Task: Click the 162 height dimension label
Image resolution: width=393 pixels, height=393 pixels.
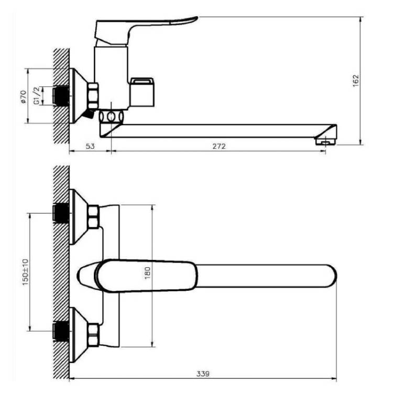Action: [x=356, y=81]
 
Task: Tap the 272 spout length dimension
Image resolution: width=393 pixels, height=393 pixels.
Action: [x=219, y=146]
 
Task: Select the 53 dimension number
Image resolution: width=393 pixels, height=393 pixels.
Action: [x=90, y=146]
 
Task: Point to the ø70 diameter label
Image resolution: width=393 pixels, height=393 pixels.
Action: [x=23, y=96]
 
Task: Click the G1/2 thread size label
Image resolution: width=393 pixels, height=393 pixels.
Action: [x=37, y=96]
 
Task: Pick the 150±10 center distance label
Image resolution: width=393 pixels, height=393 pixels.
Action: [x=26, y=272]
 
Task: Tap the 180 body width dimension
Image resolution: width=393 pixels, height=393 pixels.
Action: [x=147, y=273]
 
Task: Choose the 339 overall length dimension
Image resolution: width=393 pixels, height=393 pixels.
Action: [x=203, y=374]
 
